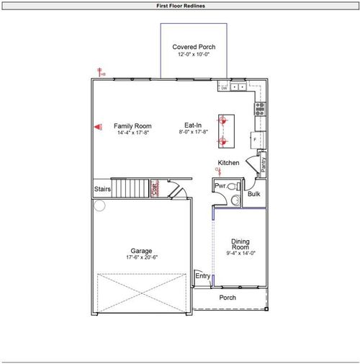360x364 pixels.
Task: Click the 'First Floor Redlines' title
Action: [180, 5]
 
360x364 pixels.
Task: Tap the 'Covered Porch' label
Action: [194, 48]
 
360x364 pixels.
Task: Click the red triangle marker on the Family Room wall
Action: [96, 126]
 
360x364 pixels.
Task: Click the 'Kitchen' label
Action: [228, 163]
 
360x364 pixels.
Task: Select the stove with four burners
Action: [259, 109]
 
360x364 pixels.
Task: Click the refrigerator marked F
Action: [256, 138]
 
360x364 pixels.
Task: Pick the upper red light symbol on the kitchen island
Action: [222, 120]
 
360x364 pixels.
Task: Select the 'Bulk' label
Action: [253, 194]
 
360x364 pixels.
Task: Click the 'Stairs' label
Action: [102, 190]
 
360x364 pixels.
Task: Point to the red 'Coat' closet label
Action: [154, 189]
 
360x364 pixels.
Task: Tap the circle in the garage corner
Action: [99, 205]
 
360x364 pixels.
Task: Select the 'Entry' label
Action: [202, 276]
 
